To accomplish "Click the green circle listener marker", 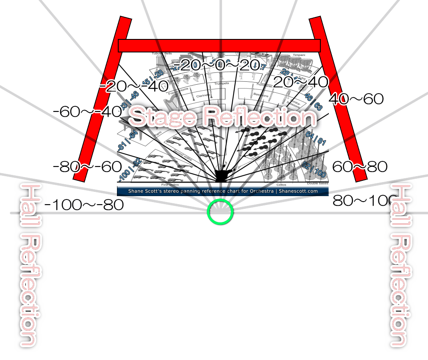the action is coord(220,212).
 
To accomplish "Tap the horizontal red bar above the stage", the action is coord(219,46).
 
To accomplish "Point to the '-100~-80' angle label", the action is coord(84,205).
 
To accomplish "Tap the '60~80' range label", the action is coord(359,167).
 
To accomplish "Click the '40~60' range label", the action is coord(356,100).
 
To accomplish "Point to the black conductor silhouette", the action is coord(222,175).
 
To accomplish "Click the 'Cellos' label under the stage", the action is coord(281,185).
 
